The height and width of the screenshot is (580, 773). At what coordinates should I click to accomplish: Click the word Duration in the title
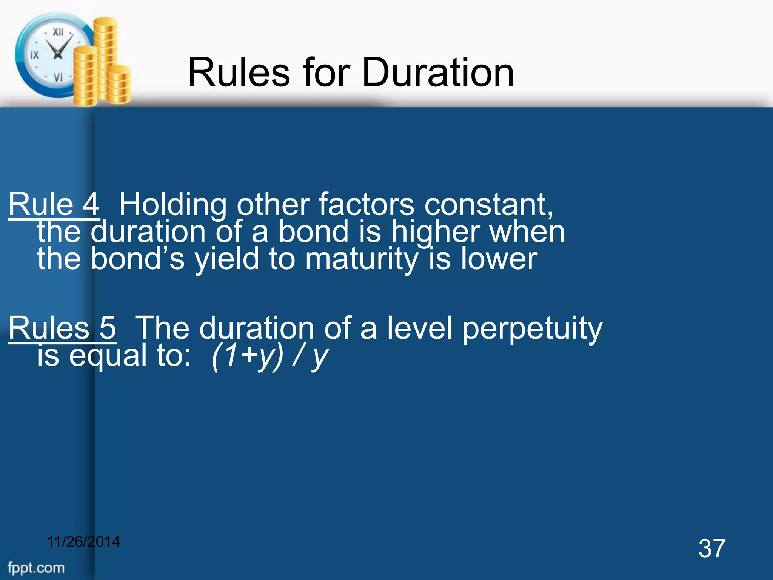click(438, 72)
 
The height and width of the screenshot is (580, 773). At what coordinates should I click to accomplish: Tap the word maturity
click(362, 260)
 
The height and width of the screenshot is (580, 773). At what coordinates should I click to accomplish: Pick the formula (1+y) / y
click(269, 356)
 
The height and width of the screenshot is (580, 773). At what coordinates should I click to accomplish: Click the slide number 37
click(712, 548)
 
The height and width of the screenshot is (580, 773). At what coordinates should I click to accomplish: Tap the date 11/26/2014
click(83, 542)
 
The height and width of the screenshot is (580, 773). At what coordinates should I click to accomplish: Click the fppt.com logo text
click(36, 568)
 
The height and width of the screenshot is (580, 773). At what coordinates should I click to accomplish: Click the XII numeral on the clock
click(58, 32)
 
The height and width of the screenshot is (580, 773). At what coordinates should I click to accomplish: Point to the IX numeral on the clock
click(34, 55)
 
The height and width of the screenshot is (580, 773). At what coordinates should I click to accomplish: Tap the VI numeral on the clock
click(58, 77)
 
